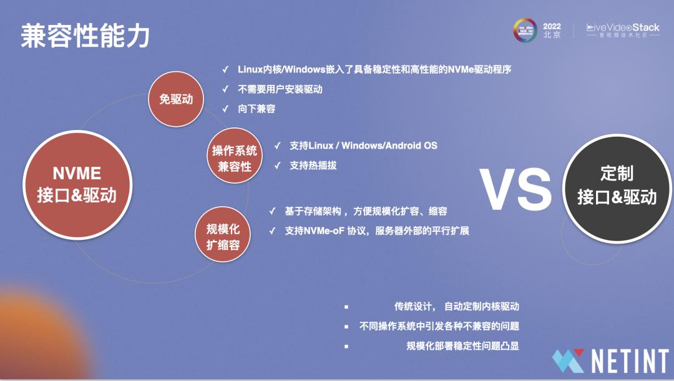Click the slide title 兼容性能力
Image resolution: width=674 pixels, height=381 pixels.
pos(85,36)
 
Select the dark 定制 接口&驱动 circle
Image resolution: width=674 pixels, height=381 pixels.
pos(617,186)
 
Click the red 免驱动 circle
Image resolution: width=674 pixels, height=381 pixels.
pos(176,99)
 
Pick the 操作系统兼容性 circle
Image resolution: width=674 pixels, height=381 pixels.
pos(234,158)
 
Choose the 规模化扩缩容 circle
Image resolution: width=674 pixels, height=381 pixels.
pos(223,237)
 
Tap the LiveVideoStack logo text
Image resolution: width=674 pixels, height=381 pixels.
pos(622,28)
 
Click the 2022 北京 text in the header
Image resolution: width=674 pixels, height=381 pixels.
pos(552,31)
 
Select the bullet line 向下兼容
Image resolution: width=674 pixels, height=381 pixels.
pos(256,109)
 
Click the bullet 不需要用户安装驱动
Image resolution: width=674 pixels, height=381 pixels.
pos(280,89)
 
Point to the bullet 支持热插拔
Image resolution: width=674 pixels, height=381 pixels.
pos(313,166)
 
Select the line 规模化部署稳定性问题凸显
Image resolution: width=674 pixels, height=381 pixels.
pos(462,345)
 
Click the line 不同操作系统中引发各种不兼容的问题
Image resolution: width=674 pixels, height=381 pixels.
pos(439,326)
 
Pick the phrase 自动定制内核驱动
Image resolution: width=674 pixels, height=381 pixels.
pos(481,307)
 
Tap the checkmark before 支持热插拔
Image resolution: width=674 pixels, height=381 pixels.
pos(278,166)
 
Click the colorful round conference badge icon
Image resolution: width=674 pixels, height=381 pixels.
pos(524,31)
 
